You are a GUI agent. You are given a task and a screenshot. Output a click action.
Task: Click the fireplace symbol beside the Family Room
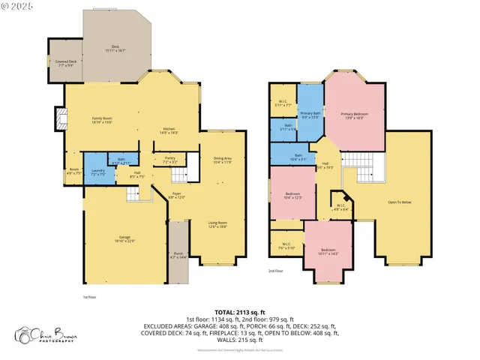pyautogui.click(x=58, y=118)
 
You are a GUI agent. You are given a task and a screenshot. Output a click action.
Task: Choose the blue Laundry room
pyautogui.click(x=97, y=172)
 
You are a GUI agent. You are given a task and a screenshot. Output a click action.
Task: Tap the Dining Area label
pyautogui.click(x=223, y=160)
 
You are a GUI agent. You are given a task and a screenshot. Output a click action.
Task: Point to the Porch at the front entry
pyautogui.click(x=178, y=256)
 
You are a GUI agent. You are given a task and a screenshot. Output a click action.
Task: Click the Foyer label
pyautogui.click(x=177, y=195)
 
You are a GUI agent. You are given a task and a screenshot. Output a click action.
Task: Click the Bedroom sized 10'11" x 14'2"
pyautogui.click(x=329, y=251)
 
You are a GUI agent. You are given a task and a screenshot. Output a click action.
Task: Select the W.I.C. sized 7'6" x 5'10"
pyautogui.click(x=286, y=245)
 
